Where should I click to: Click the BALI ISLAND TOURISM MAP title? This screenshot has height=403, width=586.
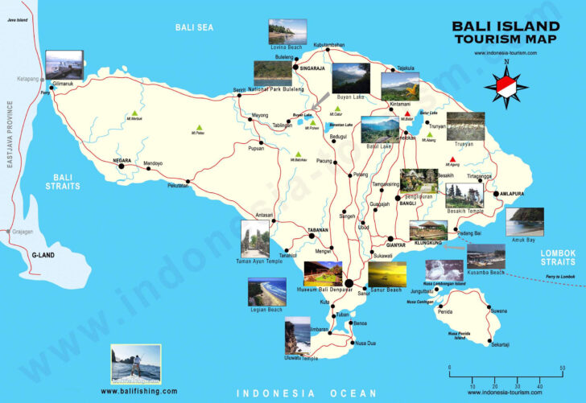click(x=506, y=31)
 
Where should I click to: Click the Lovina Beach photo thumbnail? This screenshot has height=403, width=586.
click(x=287, y=31)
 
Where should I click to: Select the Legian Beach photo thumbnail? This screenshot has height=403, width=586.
click(x=266, y=290)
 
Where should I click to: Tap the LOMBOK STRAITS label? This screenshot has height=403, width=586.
click(x=557, y=257)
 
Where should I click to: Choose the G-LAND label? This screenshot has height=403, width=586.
click(x=43, y=255)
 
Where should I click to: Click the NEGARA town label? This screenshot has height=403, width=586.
click(x=122, y=159)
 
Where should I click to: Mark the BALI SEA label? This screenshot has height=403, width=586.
click(x=194, y=27)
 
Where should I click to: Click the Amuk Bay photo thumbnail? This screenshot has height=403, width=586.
click(x=526, y=220)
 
